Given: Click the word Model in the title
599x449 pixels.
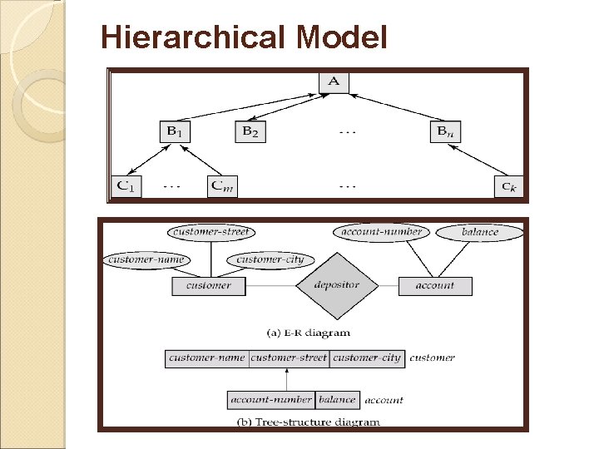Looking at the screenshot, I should coord(341,37).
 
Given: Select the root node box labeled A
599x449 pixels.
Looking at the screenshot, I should coord(334,81).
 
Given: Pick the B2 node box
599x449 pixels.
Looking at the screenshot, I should coord(250,131).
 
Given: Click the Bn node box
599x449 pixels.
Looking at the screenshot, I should coord(447,131).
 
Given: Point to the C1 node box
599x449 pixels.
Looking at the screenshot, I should coord(127,185).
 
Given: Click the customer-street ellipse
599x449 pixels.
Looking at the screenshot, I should coord(211,232).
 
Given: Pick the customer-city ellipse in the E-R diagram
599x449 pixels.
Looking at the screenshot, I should coord(270,260).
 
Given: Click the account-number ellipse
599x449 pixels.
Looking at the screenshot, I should coord(381,232).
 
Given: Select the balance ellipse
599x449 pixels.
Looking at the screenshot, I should coord(480,232).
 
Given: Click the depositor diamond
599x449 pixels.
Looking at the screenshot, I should coord(336,285).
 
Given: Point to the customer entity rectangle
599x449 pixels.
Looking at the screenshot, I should coord(209,285).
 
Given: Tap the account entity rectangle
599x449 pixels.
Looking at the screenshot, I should coord(435,285).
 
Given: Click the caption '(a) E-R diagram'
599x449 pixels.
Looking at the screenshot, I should coord(309,333).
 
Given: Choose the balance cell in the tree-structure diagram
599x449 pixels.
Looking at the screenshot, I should coord(337,399).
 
